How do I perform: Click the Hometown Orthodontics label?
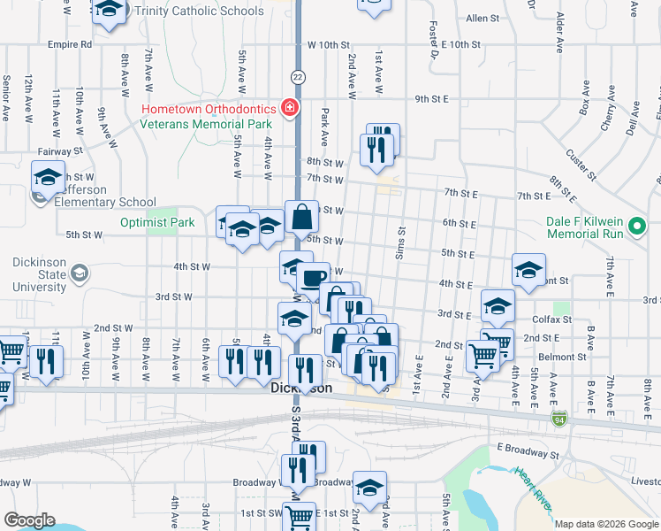coord(208,109)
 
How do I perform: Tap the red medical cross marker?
coord(289,108)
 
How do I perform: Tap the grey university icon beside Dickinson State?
coord(80,273)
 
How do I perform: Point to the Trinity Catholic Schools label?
coord(194,12)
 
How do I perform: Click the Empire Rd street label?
coord(71,43)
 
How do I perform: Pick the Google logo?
coord(29,520)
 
